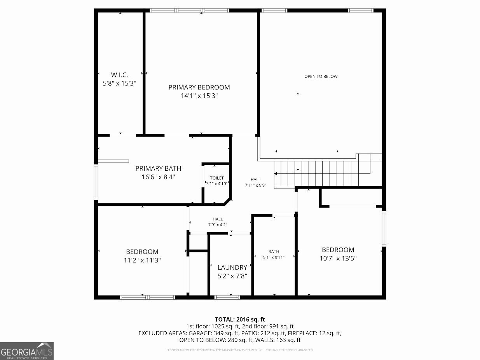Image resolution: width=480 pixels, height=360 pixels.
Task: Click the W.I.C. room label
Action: click(x=119, y=75)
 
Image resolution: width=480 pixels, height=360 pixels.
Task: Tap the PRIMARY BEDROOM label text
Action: click(x=199, y=87)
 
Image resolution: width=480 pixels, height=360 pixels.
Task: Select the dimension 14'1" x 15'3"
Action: click(x=199, y=96)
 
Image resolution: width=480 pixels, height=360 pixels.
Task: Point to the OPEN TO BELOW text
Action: click(x=321, y=77)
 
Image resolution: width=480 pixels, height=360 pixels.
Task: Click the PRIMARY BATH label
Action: click(x=158, y=168)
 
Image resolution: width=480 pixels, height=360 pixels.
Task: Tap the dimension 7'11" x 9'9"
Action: click(x=255, y=185)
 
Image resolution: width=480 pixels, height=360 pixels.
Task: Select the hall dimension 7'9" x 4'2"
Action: click(x=218, y=225)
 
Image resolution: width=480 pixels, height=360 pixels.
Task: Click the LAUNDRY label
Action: click(x=232, y=267)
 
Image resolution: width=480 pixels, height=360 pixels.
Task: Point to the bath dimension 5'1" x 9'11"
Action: click(x=274, y=257)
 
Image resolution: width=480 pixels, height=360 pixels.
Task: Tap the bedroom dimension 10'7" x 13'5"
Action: click(x=338, y=258)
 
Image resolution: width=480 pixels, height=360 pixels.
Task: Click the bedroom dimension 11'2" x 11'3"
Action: click(x=142, y=260)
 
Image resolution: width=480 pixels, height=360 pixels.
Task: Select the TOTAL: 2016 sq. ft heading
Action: click(x=240, y=320)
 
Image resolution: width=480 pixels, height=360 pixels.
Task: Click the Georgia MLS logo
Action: click(x=27, y=351)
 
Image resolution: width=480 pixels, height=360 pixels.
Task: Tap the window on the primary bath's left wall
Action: click(x=96, y=182)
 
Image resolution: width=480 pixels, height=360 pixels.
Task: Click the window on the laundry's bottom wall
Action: click(x=227, y=297)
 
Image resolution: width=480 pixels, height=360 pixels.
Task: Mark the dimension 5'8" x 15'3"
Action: click(x=119, y=83)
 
